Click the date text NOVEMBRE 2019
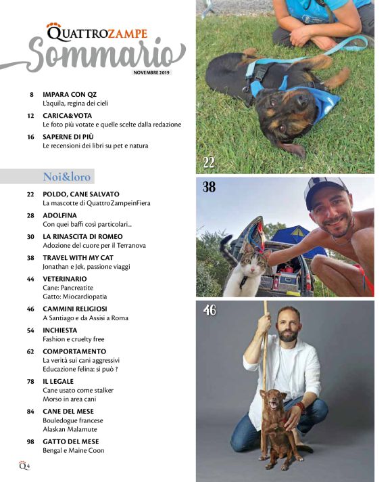click(x=151, y=71)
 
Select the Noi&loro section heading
click(x=66, y=177)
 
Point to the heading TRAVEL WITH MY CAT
click(x=77, y=258)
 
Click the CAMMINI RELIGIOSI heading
click(x=76, y=309)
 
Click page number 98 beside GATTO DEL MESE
click(x=30, y=441)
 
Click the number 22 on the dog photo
click(x=210, y=162)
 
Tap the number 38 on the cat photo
click(x=210, y=188)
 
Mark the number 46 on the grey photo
click(x=210, y=311)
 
